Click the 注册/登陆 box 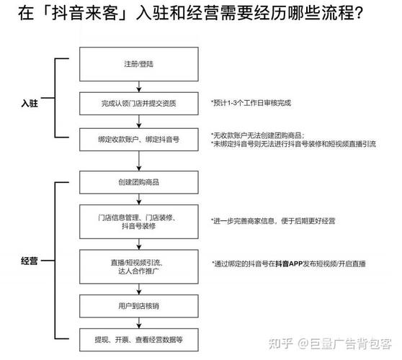[x=138, y=65]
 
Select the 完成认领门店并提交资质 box [x=138, y=103]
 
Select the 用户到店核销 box [x=138, y=305]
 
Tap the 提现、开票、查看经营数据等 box [x=138, y=338]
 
